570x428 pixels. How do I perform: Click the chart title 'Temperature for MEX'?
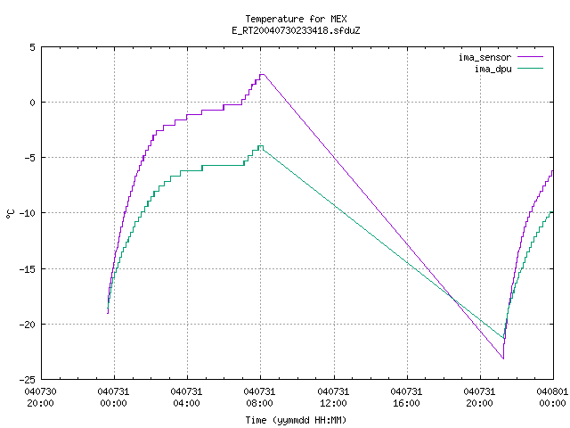pyautogui.click(x=296, y=19)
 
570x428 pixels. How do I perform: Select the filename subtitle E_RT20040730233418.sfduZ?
pyautogui.click(x=296, y=30)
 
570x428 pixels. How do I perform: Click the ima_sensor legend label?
pyautogui.click(x=484, y=57)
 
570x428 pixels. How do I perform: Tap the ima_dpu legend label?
pyautogui.click(x=493, y=69)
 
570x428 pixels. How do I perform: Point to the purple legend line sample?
pyautogui.click(x=530, y=57)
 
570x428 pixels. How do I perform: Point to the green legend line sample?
pyautogui.click(x=530, y=68)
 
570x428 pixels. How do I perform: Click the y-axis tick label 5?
pyautogui.click(x=33, y=47)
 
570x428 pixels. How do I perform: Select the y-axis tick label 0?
pyautogui.click(x=33, y=103)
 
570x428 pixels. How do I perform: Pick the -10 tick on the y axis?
pyautogui.click(x=28, y=213)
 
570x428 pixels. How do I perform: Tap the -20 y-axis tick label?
pyautogui.click(x=28, y=325)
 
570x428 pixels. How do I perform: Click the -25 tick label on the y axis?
pyautogui.click(x=28, y=380)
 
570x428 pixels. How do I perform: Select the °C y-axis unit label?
pyautogui.click(x=10, y=214)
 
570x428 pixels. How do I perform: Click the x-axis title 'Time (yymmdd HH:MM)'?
pyautogui.click(x=296, y=420)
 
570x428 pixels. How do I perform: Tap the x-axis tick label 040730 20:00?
pyautogui.click(x=40, y=397)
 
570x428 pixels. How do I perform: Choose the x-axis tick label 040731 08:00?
pyautogui.click(x=259, y=397)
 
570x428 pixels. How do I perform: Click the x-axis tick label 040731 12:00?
pyautogui.click(x=333, y=397)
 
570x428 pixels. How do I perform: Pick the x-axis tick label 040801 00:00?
pyautogui.click(x=552, y=397)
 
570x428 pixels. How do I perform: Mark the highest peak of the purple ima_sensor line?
pyautogui.click(x=262, y=74)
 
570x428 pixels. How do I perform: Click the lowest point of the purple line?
pyautogui.click(x=503, y=358)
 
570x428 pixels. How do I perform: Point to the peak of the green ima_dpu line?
pyautogui.click(x=260, y=146)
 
